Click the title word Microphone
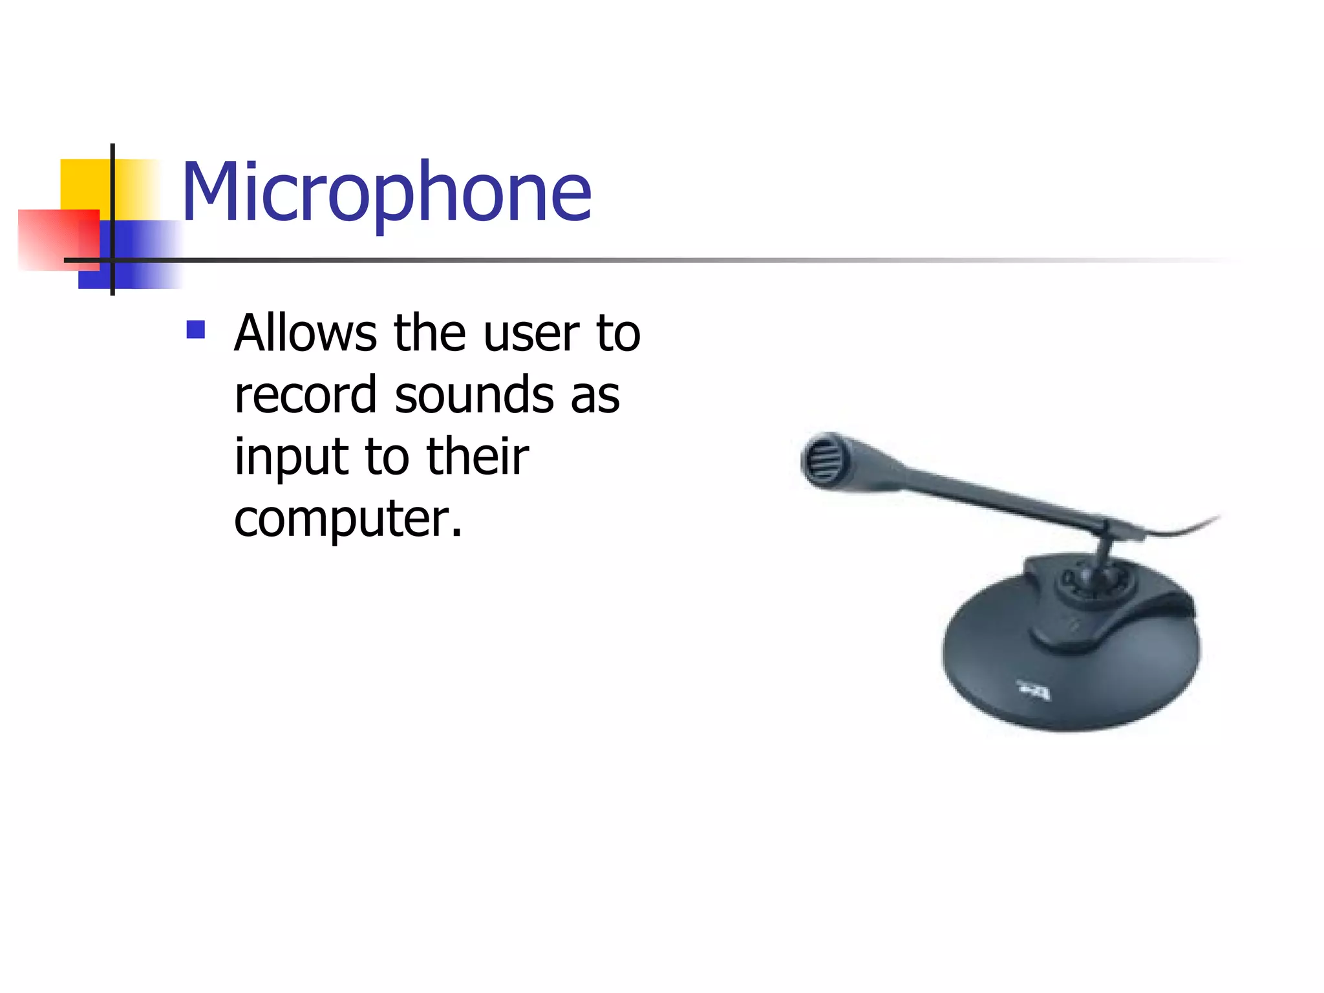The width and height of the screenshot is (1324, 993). pos(387,192)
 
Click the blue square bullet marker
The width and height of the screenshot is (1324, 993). pos(195,330)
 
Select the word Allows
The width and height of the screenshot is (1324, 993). pos(305,334)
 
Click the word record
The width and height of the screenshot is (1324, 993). pos(305,395)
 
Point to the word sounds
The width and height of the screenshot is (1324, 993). pos(474,395)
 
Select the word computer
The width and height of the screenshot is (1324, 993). pos(347,519)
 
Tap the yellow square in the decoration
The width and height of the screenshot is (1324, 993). pos(84,184)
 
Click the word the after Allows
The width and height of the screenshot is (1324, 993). pos(429,334)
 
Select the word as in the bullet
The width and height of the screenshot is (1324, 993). pos(595,395)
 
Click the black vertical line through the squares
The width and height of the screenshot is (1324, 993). pos(112,194)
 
